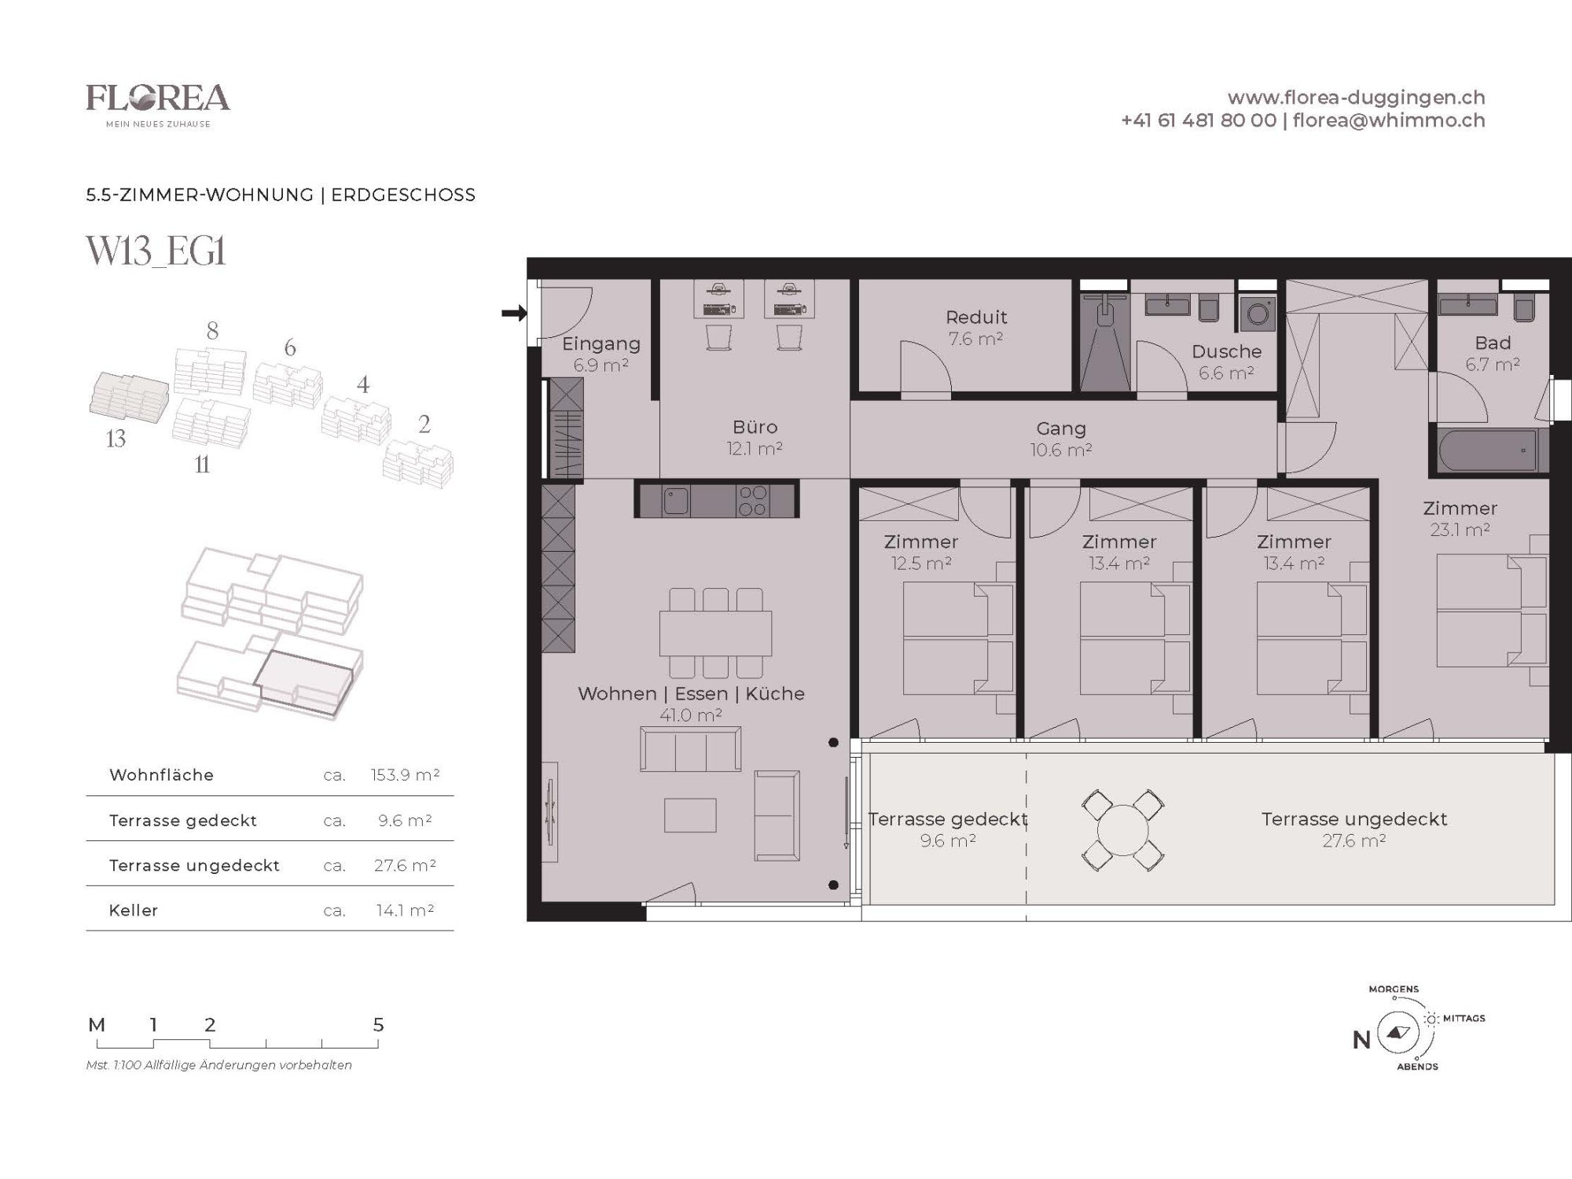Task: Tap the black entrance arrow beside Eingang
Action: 514,314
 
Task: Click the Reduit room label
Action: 976,318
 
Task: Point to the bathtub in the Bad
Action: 1486,450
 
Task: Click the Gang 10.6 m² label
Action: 1061,439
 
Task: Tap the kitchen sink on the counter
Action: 675,501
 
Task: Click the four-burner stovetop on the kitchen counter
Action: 753,501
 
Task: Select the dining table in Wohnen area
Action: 715,634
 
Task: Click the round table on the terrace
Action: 1122,831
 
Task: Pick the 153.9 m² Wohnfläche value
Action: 405,775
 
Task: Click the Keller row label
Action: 134,910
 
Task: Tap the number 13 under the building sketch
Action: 116,439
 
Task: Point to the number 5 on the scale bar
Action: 378,1025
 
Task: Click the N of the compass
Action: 1361,1040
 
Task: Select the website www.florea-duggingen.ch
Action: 1356,97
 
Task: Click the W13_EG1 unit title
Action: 156,252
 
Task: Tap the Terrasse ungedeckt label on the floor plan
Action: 1353,819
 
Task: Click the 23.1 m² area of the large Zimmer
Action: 1460,530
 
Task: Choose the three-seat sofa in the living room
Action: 690,749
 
